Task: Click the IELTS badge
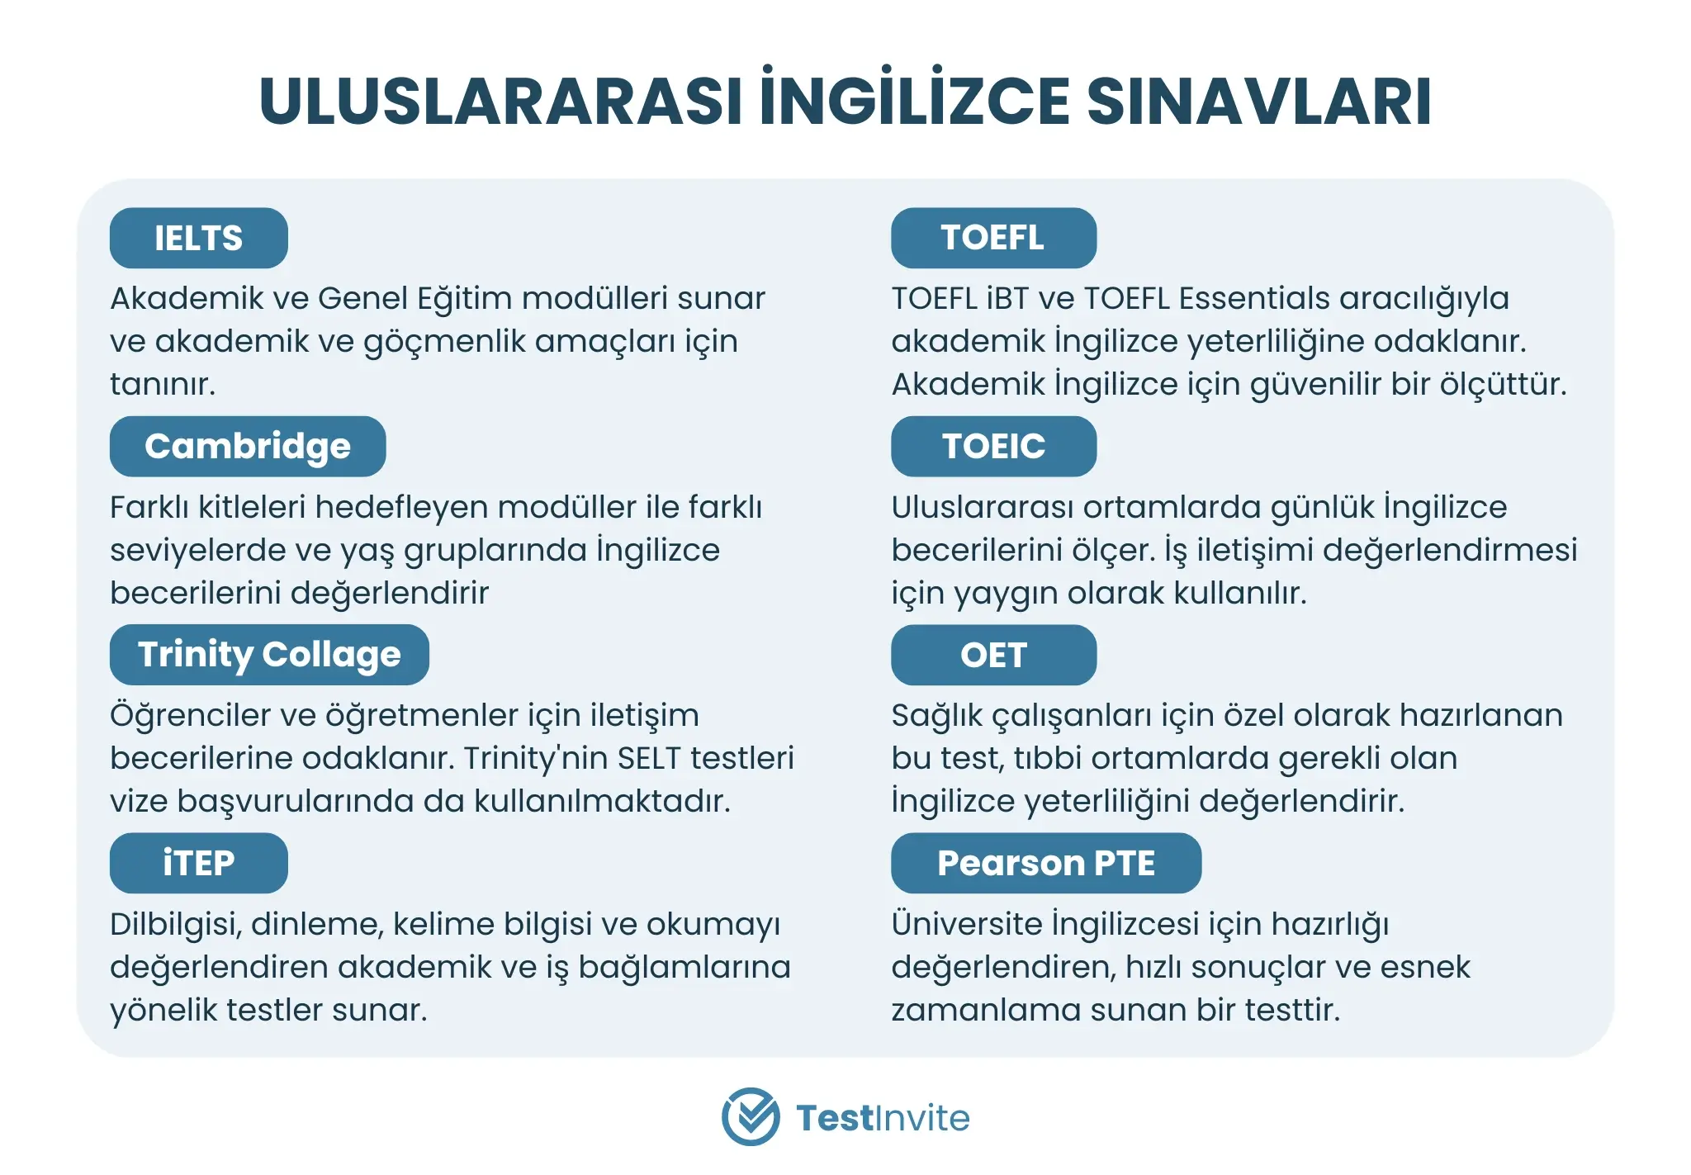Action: (x=199, y=238)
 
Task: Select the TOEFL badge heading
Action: (x=993, y=238)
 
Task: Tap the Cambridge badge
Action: (x=248, y=446)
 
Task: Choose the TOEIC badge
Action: (x=993, y=446)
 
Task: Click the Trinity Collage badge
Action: (x=269, y=655)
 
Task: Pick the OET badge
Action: (x=993, y=655)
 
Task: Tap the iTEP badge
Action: (x=199, y=863)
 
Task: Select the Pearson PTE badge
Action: (x=1046, y=863)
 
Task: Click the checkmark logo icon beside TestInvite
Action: (x=751, y=1116)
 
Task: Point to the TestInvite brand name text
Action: (x=883, y=1118)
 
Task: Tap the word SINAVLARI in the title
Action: (x=1259, y=102)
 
